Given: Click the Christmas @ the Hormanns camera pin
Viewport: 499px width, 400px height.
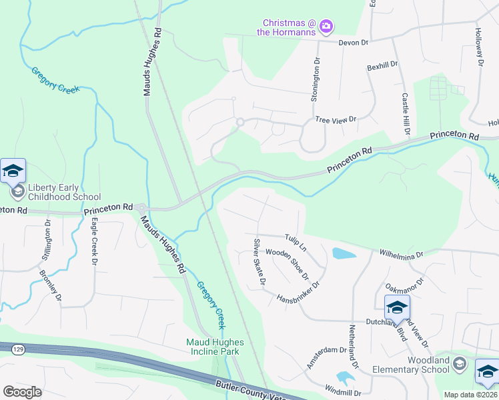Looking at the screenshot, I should (x=326, y=27).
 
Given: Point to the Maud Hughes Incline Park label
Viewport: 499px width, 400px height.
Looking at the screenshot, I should (x=215, y=347).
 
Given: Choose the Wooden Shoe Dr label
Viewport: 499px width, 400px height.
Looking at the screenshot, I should (x=288, y=263).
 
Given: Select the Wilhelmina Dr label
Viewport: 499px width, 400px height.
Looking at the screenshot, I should (x=401, y=255).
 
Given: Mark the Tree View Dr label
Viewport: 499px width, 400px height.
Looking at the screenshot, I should (x=336, y=119).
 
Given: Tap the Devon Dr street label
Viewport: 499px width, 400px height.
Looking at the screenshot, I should (x=354, y=43).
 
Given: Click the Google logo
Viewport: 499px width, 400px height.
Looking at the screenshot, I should (x=22, y=392).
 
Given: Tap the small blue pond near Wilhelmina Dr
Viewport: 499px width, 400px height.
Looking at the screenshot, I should (x=343, y=253).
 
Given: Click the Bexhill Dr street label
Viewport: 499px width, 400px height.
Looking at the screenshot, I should (x=382, y=66).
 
